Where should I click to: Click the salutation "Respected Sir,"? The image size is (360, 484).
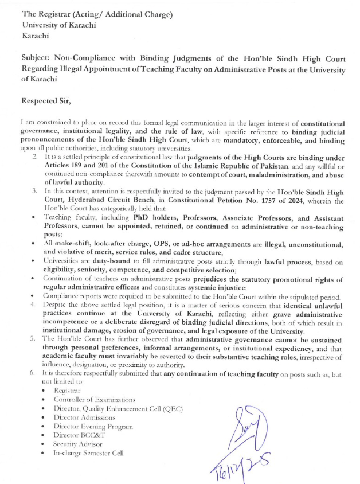point(45,101)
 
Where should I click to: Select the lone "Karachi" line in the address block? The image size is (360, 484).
point(34,36)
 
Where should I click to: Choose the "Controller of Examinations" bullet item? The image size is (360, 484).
point(95,399)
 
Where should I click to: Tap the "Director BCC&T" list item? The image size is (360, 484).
point(78,435)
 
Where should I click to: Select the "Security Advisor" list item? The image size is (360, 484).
point(78,444)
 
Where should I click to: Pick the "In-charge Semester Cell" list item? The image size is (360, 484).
point(91,454)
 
